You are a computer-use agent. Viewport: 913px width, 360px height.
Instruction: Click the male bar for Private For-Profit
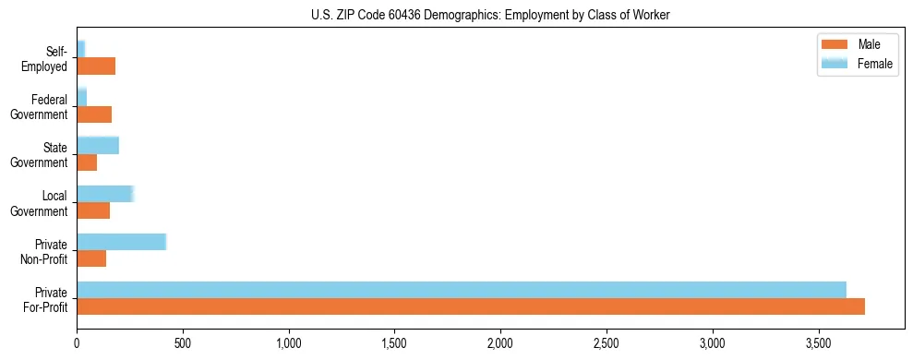click(x=471, y=306)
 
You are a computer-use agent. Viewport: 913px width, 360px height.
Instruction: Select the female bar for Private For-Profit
click(x=462, y=290)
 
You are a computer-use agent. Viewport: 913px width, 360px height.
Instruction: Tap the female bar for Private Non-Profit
click(x=121, y=242)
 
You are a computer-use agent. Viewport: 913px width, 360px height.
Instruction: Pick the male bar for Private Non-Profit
click(x=91, y=258)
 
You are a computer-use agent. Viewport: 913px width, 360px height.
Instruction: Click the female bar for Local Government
click(x=105, y=194)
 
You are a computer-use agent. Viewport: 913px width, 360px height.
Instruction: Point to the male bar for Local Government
click(x=93, y=210)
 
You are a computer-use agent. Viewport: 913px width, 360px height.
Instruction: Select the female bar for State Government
click(x=98, y=145)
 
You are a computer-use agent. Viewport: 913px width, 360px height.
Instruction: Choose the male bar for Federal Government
click(x=94, y=114)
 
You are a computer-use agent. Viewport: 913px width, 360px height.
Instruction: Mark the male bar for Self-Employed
click(x=96, y=66)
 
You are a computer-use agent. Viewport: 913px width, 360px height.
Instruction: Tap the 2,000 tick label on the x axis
click(x=500, y=342)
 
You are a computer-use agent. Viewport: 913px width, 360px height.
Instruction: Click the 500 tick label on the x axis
click(x=183, y=342)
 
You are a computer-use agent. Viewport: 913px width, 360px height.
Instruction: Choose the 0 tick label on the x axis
click(x=77, y=342)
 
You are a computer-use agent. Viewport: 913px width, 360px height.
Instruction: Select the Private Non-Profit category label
click(x=46, y=251)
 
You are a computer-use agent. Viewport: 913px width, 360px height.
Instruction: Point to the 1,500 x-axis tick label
click(x=394, y=342)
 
